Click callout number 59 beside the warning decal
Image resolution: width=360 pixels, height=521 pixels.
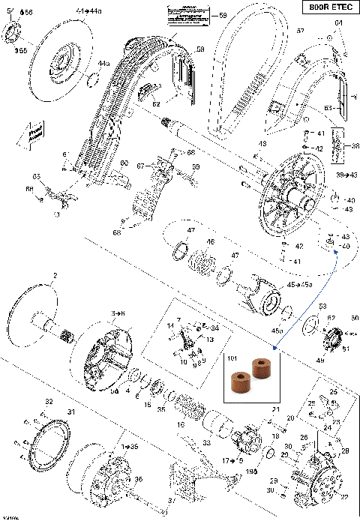(222, 15)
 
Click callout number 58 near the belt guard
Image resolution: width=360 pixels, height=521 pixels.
(200, 49)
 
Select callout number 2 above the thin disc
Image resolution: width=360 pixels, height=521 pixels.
(54, 277)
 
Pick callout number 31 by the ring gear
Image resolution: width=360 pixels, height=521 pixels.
(72, 412)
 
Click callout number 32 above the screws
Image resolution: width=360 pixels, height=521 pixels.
(49, 403)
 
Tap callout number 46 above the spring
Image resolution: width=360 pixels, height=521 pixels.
(211, 242)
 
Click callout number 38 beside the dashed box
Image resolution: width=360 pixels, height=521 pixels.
(346, 148)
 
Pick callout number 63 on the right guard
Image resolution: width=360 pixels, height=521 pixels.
(328, 109)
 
